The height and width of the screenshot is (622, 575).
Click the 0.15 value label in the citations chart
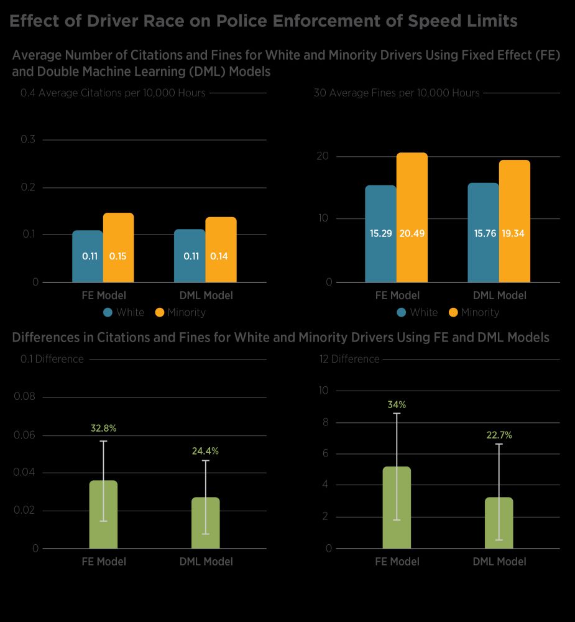[x=118, y=256]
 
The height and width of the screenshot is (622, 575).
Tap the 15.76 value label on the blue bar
[x=483, y=234]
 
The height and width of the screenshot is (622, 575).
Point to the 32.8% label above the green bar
[x=103, y=428]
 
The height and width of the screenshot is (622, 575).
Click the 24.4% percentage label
[x=205, y=451]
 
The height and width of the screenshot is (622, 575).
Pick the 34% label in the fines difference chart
[x=397, y=404]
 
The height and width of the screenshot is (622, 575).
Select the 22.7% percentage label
[x=499, y=435]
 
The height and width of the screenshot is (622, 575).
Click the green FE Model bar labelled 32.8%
[x=103, y=514]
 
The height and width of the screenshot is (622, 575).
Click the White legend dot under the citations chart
[x=108, y=312]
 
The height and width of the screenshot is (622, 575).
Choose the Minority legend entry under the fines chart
[x=474, y=312]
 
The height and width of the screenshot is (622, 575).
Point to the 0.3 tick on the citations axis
[x=28, y=139]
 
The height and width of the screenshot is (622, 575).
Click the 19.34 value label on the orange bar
[x=514, y=234]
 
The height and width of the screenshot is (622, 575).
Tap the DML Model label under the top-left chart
[x=206, y=295]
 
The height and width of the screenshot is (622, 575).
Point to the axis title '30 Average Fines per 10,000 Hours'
[x=397, y=93]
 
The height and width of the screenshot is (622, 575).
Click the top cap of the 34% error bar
[x=397, y=413]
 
